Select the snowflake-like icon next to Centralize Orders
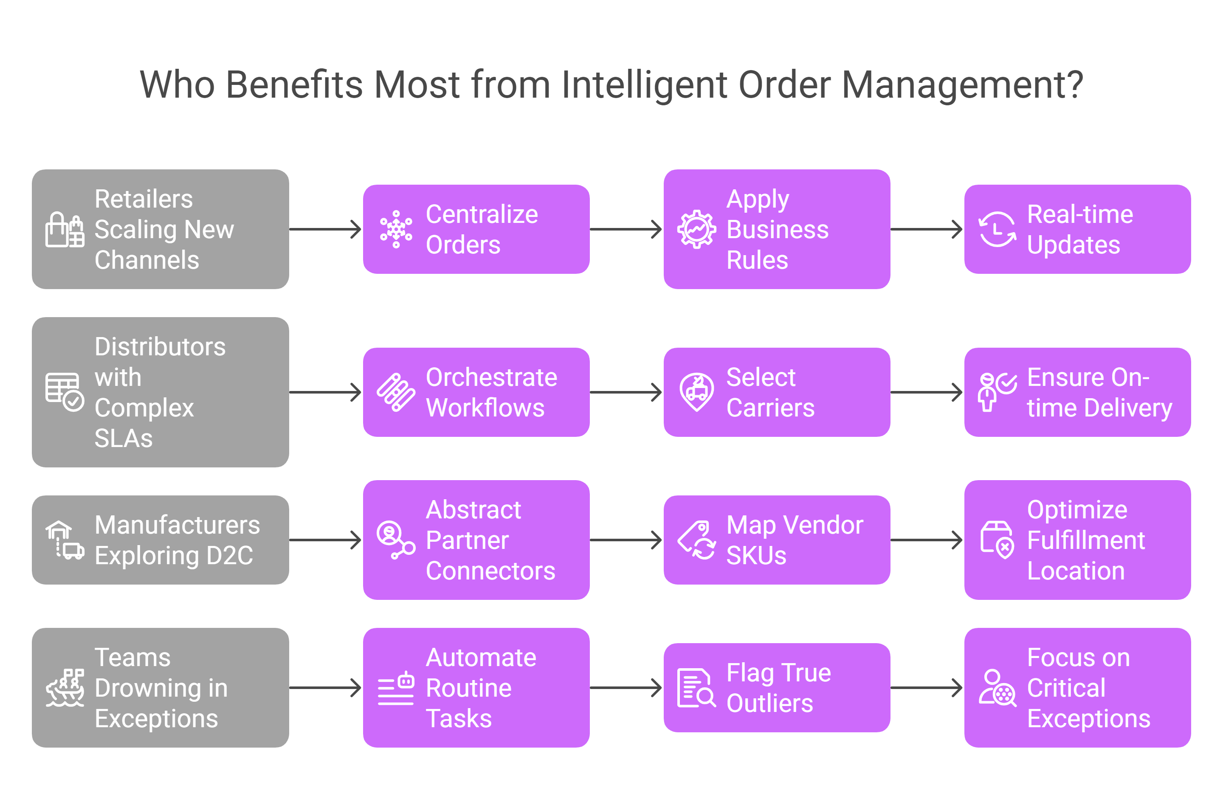pyautogui.click(x=396, y=229)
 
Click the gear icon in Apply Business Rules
pyautogui.click(x=696, y=229)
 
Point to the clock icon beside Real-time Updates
pyautogui.click(x=997, y=229)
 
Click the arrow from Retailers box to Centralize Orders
pyautogui.click(x=326, y=229)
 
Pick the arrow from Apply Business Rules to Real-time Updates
pyautogui.click(x=927, y=229)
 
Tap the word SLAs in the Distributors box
pyautogui.click(x=124, y=438)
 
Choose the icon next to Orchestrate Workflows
pyautogui.click(x=396, y=393)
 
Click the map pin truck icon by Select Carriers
pyautogui.click(x=696, y=393)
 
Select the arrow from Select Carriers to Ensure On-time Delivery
pyautogui.click(x=927, y=393)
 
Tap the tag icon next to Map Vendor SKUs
pyautogui.click(x=696, y=540)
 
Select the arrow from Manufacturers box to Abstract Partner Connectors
pyautogui.click(x=326, y=540)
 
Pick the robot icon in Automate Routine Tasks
pyautogui.click(x=406, y=681)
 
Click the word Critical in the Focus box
pyautogui.click(x=1066, y=688)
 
